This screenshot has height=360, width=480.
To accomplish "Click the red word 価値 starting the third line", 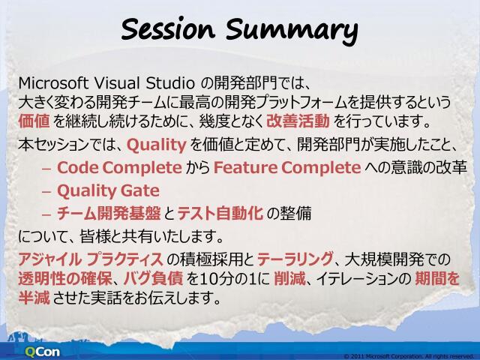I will click(x=34, y=120).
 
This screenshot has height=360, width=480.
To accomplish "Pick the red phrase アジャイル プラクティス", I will click(x=80, y=260).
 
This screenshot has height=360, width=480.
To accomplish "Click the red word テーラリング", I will click(x=295, y=260).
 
